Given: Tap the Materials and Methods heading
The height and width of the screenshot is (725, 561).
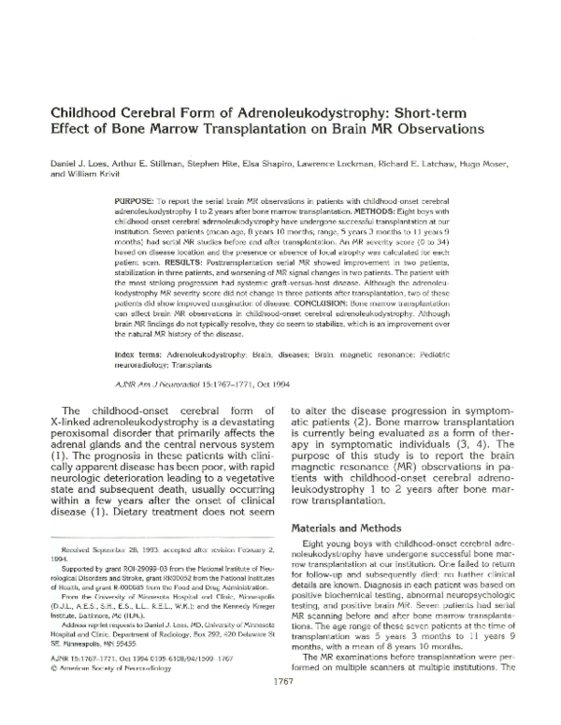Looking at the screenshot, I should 346,527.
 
